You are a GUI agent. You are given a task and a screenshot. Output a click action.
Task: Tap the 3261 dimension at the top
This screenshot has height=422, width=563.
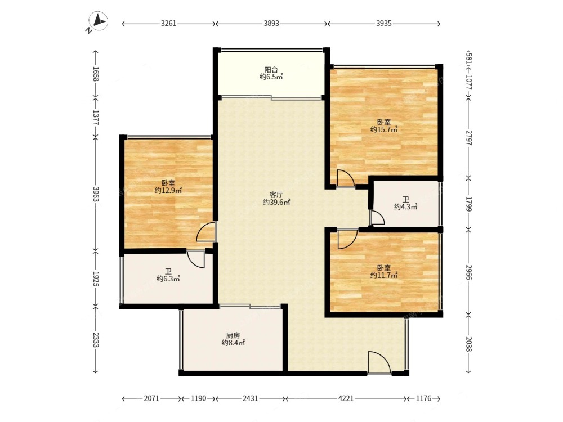[168, 24]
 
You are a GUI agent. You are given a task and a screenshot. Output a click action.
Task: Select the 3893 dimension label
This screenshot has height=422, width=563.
[271, 24]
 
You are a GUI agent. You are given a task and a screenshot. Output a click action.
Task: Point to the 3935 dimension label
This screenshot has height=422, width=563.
[384, 24]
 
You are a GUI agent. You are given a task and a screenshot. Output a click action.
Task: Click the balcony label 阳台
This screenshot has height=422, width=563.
[271, 70]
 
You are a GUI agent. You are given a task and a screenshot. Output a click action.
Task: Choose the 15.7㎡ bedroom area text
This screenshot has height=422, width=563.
[384, 129]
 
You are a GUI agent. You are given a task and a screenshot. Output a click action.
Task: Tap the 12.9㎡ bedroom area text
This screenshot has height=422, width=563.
[168, 191]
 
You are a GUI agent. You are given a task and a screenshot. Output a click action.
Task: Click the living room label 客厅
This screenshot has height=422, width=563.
[276, 195]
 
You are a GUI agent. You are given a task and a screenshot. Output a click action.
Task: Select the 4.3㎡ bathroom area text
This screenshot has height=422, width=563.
[405, 206]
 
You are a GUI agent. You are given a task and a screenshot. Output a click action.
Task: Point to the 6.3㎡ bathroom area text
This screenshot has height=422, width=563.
[168, 279]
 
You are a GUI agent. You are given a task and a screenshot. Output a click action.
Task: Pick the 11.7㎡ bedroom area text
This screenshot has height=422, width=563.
[384, 275]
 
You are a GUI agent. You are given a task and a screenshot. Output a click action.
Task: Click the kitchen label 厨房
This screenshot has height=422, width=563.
[234, 335]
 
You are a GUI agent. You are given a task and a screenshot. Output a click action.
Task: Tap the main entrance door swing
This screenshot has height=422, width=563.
[379, 363]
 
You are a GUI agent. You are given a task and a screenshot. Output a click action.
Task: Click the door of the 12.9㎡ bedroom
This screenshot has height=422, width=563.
[206, 232]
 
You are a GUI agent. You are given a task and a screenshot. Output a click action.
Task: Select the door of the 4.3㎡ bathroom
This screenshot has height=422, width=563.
[377, 217]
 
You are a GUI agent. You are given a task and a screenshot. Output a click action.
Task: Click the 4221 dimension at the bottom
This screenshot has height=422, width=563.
[346, 398]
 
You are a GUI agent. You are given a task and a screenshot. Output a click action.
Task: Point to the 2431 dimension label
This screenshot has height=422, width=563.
[251, 398]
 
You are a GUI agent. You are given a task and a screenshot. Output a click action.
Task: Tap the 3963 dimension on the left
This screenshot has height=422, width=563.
[96, 194]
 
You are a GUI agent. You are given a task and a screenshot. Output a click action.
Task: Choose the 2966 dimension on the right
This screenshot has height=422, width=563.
[468, 273]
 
